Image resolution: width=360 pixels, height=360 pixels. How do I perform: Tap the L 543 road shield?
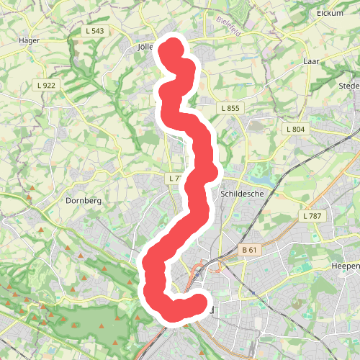click(94, 30)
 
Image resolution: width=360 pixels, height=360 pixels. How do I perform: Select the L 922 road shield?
click(47, 85)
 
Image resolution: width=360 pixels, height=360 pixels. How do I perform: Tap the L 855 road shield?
click(230, 108)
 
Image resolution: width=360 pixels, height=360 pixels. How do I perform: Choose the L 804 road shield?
click(295, 129)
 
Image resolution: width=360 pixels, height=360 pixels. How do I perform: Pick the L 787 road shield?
click(313, 216)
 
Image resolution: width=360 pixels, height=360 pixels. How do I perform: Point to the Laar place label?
click(312, 62)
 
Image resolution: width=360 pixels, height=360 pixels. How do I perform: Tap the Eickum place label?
click(331, 13)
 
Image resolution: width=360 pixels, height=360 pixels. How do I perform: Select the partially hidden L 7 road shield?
click(175, 178)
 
